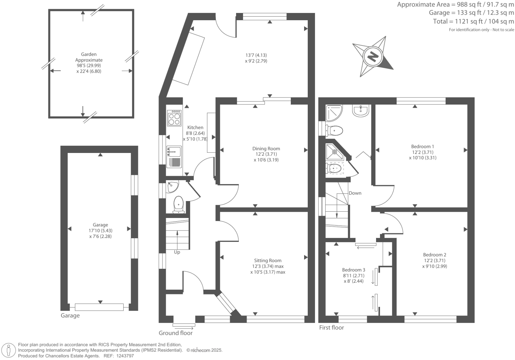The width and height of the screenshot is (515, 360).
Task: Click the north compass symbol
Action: (x=373, y=56)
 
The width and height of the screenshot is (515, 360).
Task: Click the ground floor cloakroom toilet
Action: (x=178, y=204)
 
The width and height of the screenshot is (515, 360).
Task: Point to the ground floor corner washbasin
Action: (x=172, y=186)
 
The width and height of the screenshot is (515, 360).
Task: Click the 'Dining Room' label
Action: (x=266, y=149)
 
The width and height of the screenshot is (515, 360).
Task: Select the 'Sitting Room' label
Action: (x=268, y=260)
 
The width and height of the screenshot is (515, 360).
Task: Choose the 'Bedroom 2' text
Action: (x=434, y=255)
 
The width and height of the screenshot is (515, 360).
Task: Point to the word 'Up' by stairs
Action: (x=177, y=252)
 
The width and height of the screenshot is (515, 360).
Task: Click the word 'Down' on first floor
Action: (x=355, y=193)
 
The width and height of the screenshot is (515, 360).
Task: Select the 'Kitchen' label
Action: (x=195, y=127)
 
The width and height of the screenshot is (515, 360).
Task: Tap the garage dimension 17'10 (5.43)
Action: (x=100, y=231)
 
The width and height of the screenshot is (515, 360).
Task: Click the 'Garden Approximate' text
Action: (x=89, y=57)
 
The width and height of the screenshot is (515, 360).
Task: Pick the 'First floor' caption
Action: (x=331, y=328)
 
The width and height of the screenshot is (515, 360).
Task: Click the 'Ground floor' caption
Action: (x=175, y=333)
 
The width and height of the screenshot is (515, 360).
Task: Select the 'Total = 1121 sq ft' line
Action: (x=473, y=22)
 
